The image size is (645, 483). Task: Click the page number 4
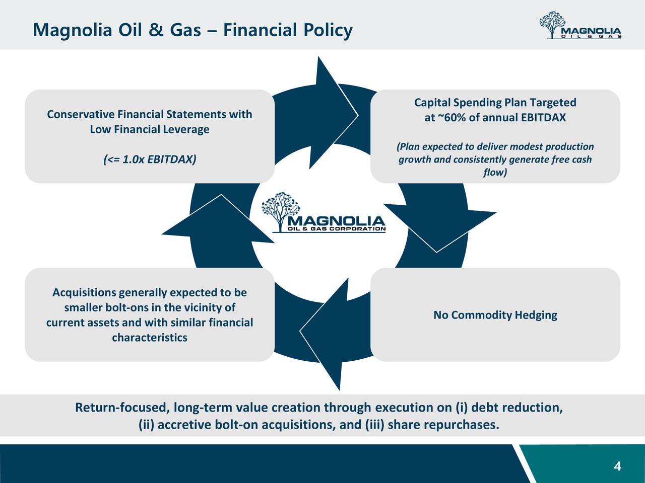click(617, 466)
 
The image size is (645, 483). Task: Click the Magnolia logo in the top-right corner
click(579, 26)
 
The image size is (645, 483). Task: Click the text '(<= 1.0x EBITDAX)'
click(150, 159)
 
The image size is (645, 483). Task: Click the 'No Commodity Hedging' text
click(495, 315)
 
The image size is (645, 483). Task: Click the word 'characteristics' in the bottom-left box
click(150, 337)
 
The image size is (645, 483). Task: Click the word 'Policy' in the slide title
click(328, 31)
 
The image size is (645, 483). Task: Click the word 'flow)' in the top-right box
click(495, 173)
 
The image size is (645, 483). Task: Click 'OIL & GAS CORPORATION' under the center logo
click(336, 229)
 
